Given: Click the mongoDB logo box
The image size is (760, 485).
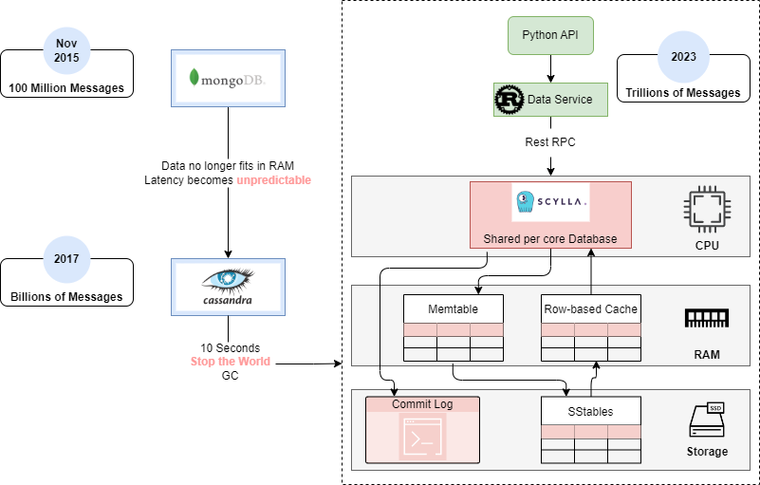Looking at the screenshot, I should click(228, 77).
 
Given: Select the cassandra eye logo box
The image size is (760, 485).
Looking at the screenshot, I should click(228, 286).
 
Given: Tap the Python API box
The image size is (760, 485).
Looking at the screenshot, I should click(550, 36).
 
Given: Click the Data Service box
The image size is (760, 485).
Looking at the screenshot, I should click(550, 99).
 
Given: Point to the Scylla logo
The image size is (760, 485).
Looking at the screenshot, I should click(550, 201).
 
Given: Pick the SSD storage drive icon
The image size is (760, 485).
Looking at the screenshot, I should click(707, 420).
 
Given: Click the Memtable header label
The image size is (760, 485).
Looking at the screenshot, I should click(453, 309).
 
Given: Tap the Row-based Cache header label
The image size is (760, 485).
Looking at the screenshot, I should click(591, 309).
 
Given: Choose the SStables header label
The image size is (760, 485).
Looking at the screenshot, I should click(591, 412).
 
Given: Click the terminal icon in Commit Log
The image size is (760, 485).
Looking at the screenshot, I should click(422, 437).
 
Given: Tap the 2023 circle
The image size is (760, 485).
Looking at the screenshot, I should click(683, 57).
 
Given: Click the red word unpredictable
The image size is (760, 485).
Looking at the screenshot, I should click(274, 180).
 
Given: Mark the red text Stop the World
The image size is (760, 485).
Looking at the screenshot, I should click(231, 362).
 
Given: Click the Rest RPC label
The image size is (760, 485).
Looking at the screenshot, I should click(550, 142).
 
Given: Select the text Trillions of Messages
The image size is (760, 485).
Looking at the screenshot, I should click(683, 93).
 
